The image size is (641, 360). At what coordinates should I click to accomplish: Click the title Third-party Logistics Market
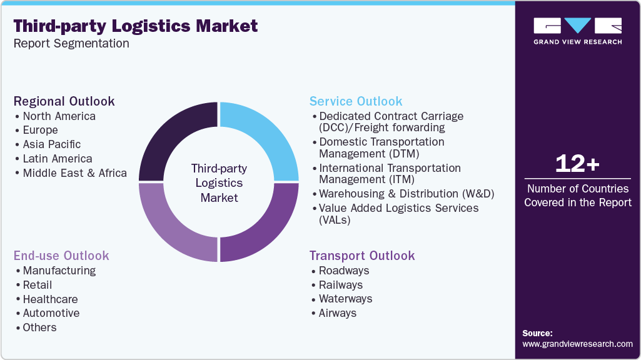pos(136,26)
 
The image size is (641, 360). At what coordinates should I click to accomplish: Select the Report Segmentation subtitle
pos(71,43)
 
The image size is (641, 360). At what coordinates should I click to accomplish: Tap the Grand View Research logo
pos(577,30)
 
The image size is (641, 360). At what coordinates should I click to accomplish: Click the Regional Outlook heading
pos(64,101)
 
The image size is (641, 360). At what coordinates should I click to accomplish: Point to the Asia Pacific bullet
pos(52,144)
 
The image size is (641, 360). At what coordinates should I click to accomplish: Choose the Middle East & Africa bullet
pos(74,173)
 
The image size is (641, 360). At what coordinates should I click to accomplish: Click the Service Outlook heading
pos(356,101)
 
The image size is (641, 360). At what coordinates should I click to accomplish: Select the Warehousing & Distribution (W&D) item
pos(406,194)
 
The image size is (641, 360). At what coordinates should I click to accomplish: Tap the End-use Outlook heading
pos(61,256)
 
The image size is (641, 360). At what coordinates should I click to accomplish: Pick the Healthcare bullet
pos(50,299)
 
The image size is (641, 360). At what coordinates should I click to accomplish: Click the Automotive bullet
pos(51,313)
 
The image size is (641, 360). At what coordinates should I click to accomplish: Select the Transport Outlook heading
pos(362,256)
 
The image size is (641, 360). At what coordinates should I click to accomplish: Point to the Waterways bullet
pos(345,299)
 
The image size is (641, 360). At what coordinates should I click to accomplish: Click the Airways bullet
pos(338,313)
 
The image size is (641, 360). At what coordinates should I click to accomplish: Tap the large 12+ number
pos(577,164)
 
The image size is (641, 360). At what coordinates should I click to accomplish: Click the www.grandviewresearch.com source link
pos(577,344)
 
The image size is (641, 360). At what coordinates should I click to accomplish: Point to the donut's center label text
pos(219,182)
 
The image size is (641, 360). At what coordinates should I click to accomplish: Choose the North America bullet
pos(59,116)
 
